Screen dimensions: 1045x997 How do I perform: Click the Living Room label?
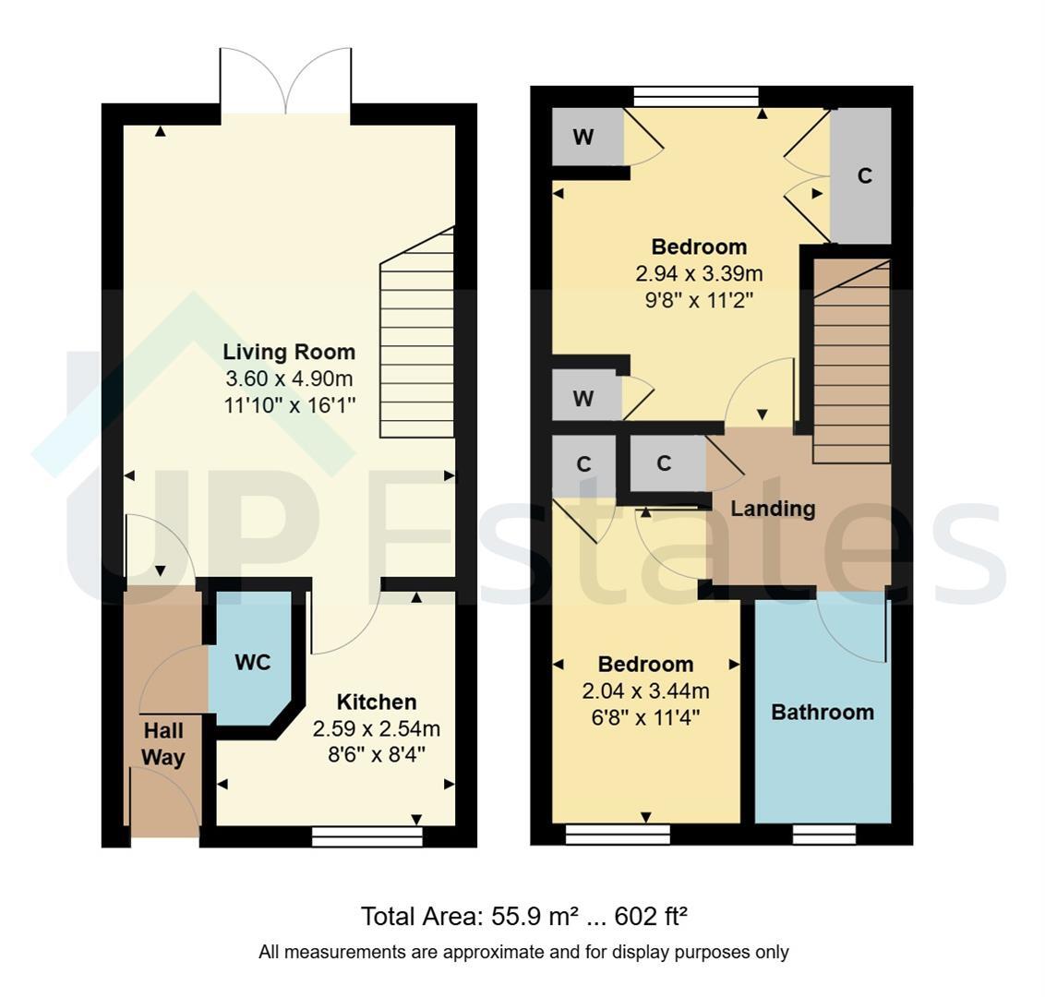[289, 352]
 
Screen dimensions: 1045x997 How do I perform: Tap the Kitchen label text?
[377, 702]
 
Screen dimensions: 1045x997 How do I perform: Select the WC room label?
[253, 663]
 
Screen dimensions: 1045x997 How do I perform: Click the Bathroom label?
[823, 712]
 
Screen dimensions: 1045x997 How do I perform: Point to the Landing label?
[773, 509]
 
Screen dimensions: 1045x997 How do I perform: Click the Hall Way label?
[163, 744]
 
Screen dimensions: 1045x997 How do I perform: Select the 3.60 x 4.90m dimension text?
[289, 378]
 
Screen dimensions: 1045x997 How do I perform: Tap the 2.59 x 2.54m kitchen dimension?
[377, 729]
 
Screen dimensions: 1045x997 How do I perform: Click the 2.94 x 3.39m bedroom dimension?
[699, 273]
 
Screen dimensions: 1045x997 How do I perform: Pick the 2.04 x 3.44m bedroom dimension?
[646, 691]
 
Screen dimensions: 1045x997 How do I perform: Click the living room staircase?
[417, 332]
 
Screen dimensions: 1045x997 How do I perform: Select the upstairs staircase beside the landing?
[852, 361]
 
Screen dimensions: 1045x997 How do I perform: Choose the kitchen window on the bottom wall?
[367, 837]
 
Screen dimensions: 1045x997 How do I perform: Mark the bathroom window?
[823, 835]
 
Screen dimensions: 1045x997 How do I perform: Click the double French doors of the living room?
[285, 81]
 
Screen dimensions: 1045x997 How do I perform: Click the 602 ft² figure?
[651, 917]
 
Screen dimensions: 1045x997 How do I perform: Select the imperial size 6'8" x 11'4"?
[646, 718]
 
